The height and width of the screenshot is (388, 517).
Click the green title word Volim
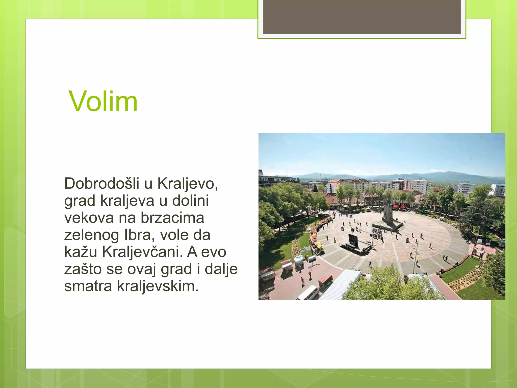[x=103, y=102]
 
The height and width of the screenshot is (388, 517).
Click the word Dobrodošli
[x=102, y=183]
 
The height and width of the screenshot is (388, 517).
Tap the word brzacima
[x=172, y=218]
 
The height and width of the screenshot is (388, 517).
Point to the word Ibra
[x=139, y=235]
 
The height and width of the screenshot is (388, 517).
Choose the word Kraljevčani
[x=142, y=252]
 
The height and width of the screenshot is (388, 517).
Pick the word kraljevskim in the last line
[x=158, y=286]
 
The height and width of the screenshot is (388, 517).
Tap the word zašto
[x=83, y=269]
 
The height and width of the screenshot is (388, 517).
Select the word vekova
[x=89, y=218]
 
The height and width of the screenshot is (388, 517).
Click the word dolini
[x=190, y=201]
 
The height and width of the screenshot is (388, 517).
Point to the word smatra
[x=88, y=286]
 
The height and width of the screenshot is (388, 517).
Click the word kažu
[x=81, y=252]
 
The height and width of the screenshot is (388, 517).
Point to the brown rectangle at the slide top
[x=362, y=17]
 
